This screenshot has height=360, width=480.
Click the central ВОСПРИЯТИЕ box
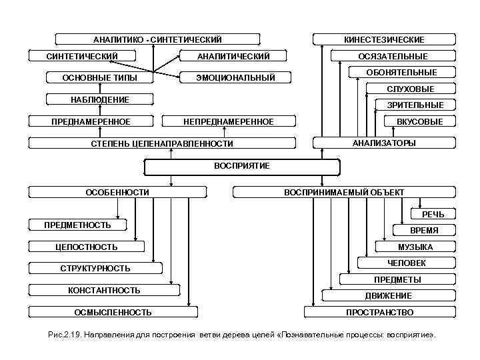(x=241, y=166)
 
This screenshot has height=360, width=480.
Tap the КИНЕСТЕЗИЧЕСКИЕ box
(x=383, y=40)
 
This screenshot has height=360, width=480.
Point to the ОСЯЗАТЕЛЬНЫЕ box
(x=393, y=57)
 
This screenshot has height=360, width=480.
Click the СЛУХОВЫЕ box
(x=411, y=89)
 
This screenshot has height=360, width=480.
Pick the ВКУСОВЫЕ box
(x=419, y=122)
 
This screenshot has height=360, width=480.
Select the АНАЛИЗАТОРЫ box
(x=383, y=143)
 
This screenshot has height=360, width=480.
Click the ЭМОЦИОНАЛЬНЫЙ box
(x=235, y=78)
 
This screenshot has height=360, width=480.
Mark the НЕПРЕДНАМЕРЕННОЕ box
(x=228, y=122)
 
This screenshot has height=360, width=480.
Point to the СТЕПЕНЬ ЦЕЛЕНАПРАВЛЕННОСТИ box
(x=162, y=143)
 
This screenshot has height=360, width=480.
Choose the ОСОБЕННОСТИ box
(x=117, y=193)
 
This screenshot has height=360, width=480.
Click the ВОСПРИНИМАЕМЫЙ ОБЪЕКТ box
(x=344, y=193)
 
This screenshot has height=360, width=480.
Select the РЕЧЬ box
(x=433, y=214)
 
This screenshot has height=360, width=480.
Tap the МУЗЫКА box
(x=415, y=247)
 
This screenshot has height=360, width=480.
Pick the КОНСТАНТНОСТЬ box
(x=104, y=291)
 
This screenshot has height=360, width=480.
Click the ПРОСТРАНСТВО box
(x=379, y=312)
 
